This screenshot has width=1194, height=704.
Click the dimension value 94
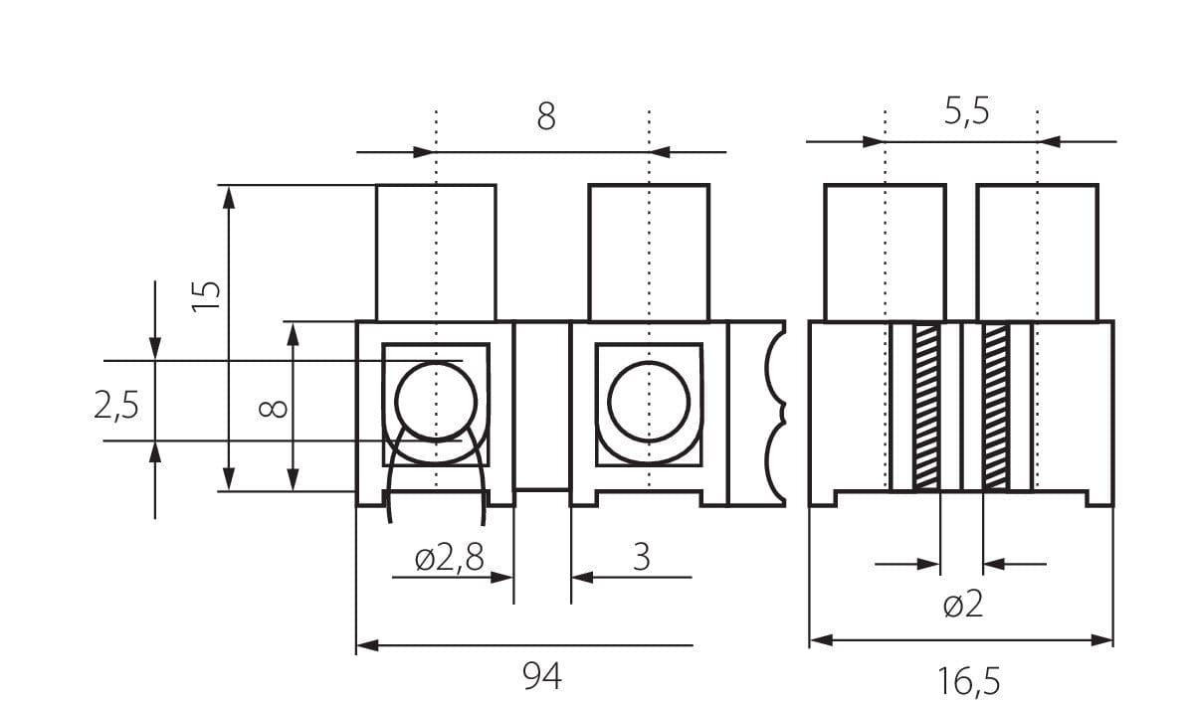tap(542, 677)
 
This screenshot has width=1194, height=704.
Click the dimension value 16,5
tap(967, 681)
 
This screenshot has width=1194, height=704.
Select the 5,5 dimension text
tap(966, 111)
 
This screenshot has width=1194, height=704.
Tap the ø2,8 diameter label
tap(450, 559)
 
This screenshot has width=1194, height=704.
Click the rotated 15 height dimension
tap(206, 296)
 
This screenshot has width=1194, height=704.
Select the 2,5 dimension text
tap(116, 406)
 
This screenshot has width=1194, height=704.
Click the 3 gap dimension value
tap(642, 558)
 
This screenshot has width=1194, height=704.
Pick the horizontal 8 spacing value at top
tap(546, 117)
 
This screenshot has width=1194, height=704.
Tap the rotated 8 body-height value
tap(276, 407)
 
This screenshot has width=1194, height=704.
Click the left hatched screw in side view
tap(926, 407)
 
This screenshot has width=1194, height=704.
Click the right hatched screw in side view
tap(995, 407)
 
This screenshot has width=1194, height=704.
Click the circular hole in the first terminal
tap(436, 402)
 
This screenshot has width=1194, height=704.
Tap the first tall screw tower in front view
tap(436, 253)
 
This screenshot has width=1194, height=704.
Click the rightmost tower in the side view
tap(1037, 253)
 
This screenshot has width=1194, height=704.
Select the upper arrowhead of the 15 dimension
tap(230, 196)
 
